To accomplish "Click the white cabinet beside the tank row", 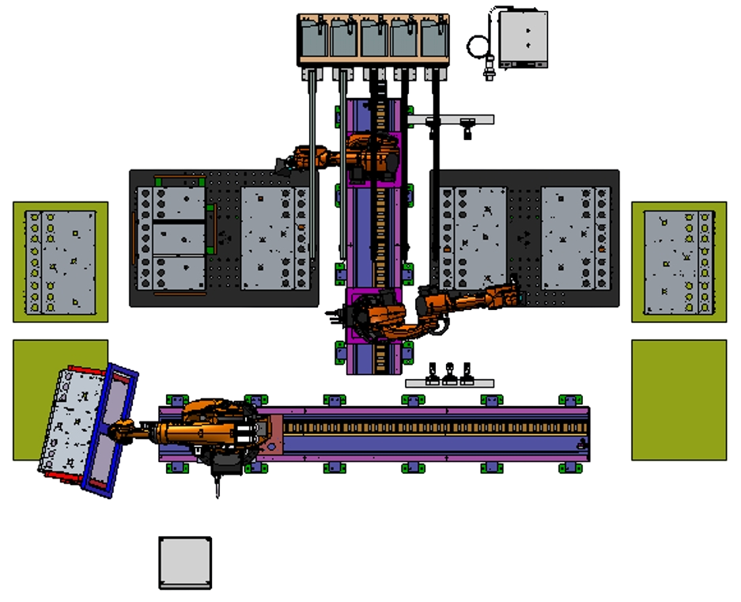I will coord(520,38).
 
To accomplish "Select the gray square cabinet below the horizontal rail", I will coord(184,562).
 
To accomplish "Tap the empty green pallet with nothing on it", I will coord(679,399).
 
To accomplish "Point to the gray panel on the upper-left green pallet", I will coord(60,263).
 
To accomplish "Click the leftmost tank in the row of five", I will coord(315,37).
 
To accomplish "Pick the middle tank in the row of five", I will coord(374,37).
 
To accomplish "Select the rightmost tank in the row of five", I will coord(434,37).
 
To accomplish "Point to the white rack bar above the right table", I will coord(451,120).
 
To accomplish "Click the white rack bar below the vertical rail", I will coord(449,383).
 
